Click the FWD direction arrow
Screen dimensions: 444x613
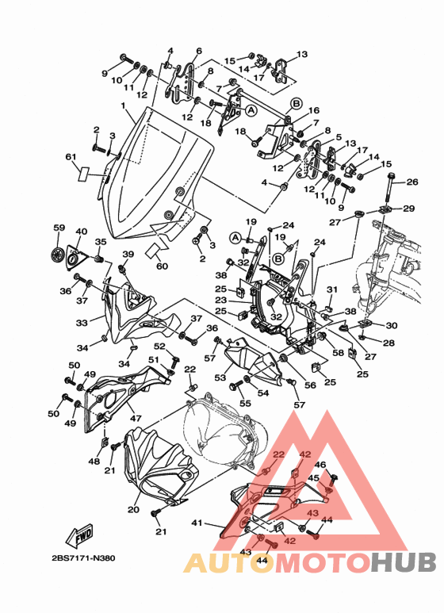[x=80, y=535]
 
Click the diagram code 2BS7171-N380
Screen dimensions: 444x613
[x=83, y=558]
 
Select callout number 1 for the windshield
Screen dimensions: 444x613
[x=123, y=105]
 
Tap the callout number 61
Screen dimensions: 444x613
[x=71, y=158]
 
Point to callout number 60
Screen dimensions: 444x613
[x=162, y=266]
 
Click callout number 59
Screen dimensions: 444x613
[x=59, y=228]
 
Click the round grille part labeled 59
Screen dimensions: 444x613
[x=57, y=254]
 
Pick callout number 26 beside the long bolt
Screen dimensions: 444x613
[x=412, y=182]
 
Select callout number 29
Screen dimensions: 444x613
[x=409, y=209]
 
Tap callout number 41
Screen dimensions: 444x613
[x=197, y=523]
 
